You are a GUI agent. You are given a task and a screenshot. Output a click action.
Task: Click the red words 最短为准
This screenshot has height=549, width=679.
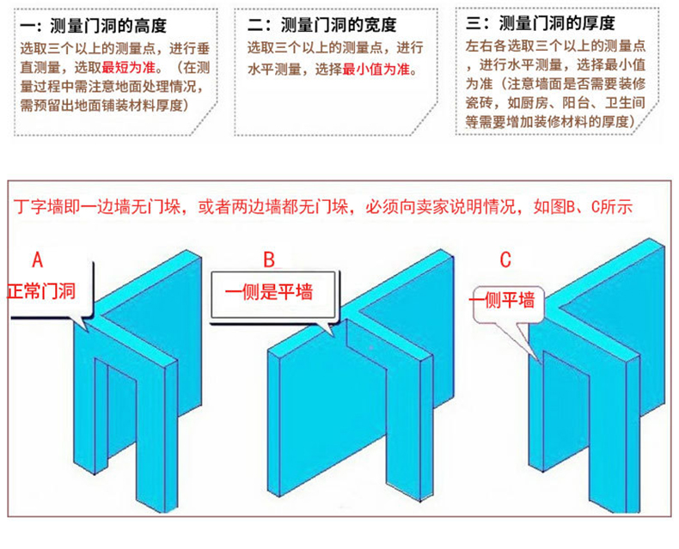coord(125,67)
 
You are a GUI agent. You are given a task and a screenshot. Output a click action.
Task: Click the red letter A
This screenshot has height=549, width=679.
coord(37,259)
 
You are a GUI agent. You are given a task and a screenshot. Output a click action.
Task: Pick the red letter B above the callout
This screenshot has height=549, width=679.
coord(268,259)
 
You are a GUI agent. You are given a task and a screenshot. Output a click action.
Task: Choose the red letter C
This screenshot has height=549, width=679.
coord(506,259)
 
